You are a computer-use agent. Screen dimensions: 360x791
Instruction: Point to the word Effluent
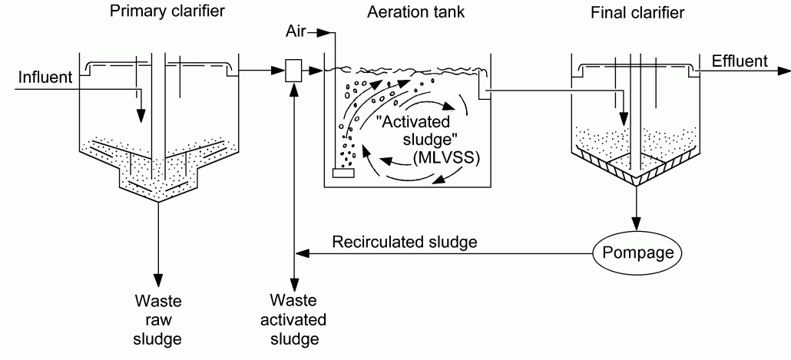(739, 61)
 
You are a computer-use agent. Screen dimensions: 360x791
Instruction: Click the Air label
(300, 32)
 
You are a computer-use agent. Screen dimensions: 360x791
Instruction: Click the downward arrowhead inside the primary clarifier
(141, 117)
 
